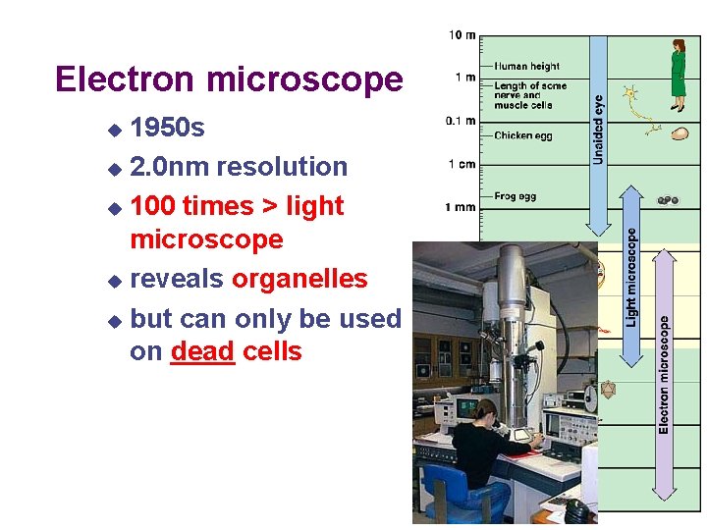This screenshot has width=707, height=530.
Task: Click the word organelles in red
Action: coord(299,279)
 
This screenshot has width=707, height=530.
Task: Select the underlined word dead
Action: coord(201,351)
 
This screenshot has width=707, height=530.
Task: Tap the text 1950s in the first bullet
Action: coord(167,129)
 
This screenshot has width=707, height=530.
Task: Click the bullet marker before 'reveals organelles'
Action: coord(115,281)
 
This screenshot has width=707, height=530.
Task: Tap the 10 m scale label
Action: coord(462,35)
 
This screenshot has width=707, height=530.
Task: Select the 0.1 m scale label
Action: coord(461,121)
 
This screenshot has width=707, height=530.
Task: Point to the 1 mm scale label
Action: coord(461,207)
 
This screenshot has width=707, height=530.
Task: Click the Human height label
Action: coord(526,67)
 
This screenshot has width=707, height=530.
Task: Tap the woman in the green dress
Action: coord(678,75)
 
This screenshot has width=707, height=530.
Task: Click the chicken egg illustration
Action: coord(679,133)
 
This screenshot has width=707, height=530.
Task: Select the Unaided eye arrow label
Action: coord(599,128)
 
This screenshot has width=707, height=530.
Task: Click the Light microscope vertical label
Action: coord(631,278)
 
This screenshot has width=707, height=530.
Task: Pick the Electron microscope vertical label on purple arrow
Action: coord(665,373)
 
